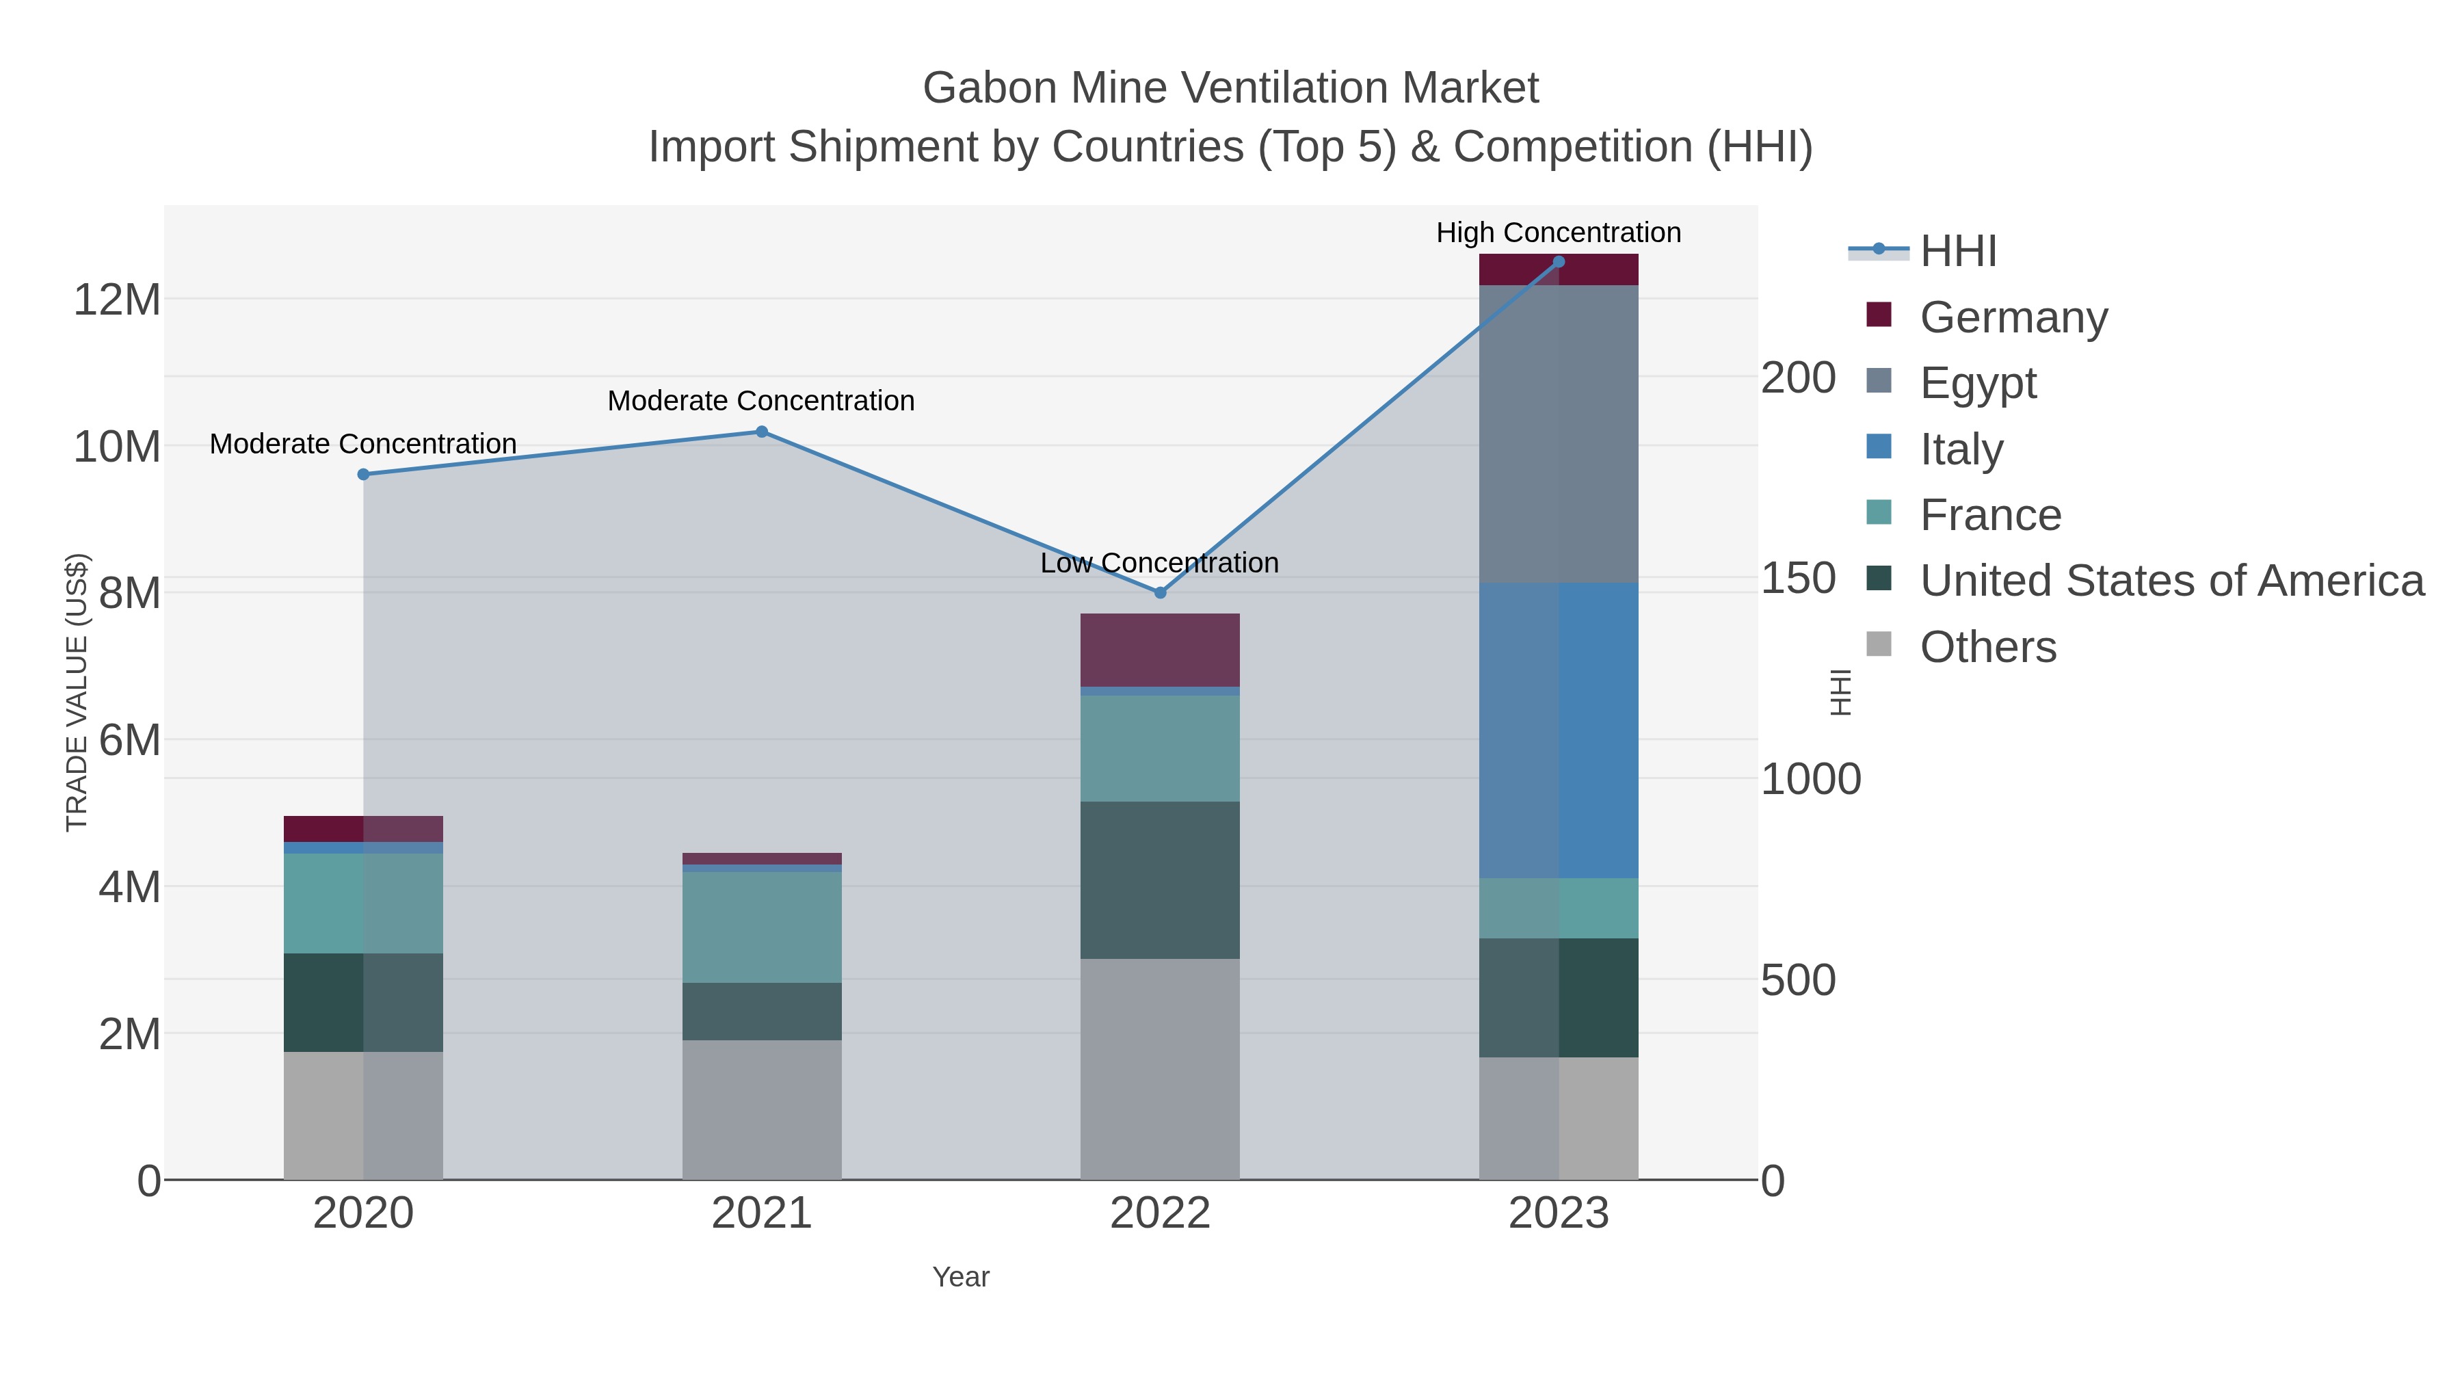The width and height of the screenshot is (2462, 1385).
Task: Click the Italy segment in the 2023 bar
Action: pyautogui.click(x=1558, y=730)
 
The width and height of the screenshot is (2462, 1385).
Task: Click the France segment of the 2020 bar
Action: pyautogui.click(x=363, y=903)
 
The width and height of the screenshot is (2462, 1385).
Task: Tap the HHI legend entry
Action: pyautogui.click(x=1957, y=252)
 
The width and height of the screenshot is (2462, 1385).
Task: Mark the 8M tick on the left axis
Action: pyautogui.click(x=130, y=592)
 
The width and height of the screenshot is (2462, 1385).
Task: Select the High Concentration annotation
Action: pyautogui.click(x=1558, y=233)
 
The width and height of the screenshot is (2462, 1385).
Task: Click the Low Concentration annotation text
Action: pyautogui.click(x=1159, y=563)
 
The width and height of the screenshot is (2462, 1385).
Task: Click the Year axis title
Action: pyautogui.click(x=961, y=1277)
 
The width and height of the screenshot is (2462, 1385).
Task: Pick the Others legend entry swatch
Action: pyautogui.click(x=1878, y=645)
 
